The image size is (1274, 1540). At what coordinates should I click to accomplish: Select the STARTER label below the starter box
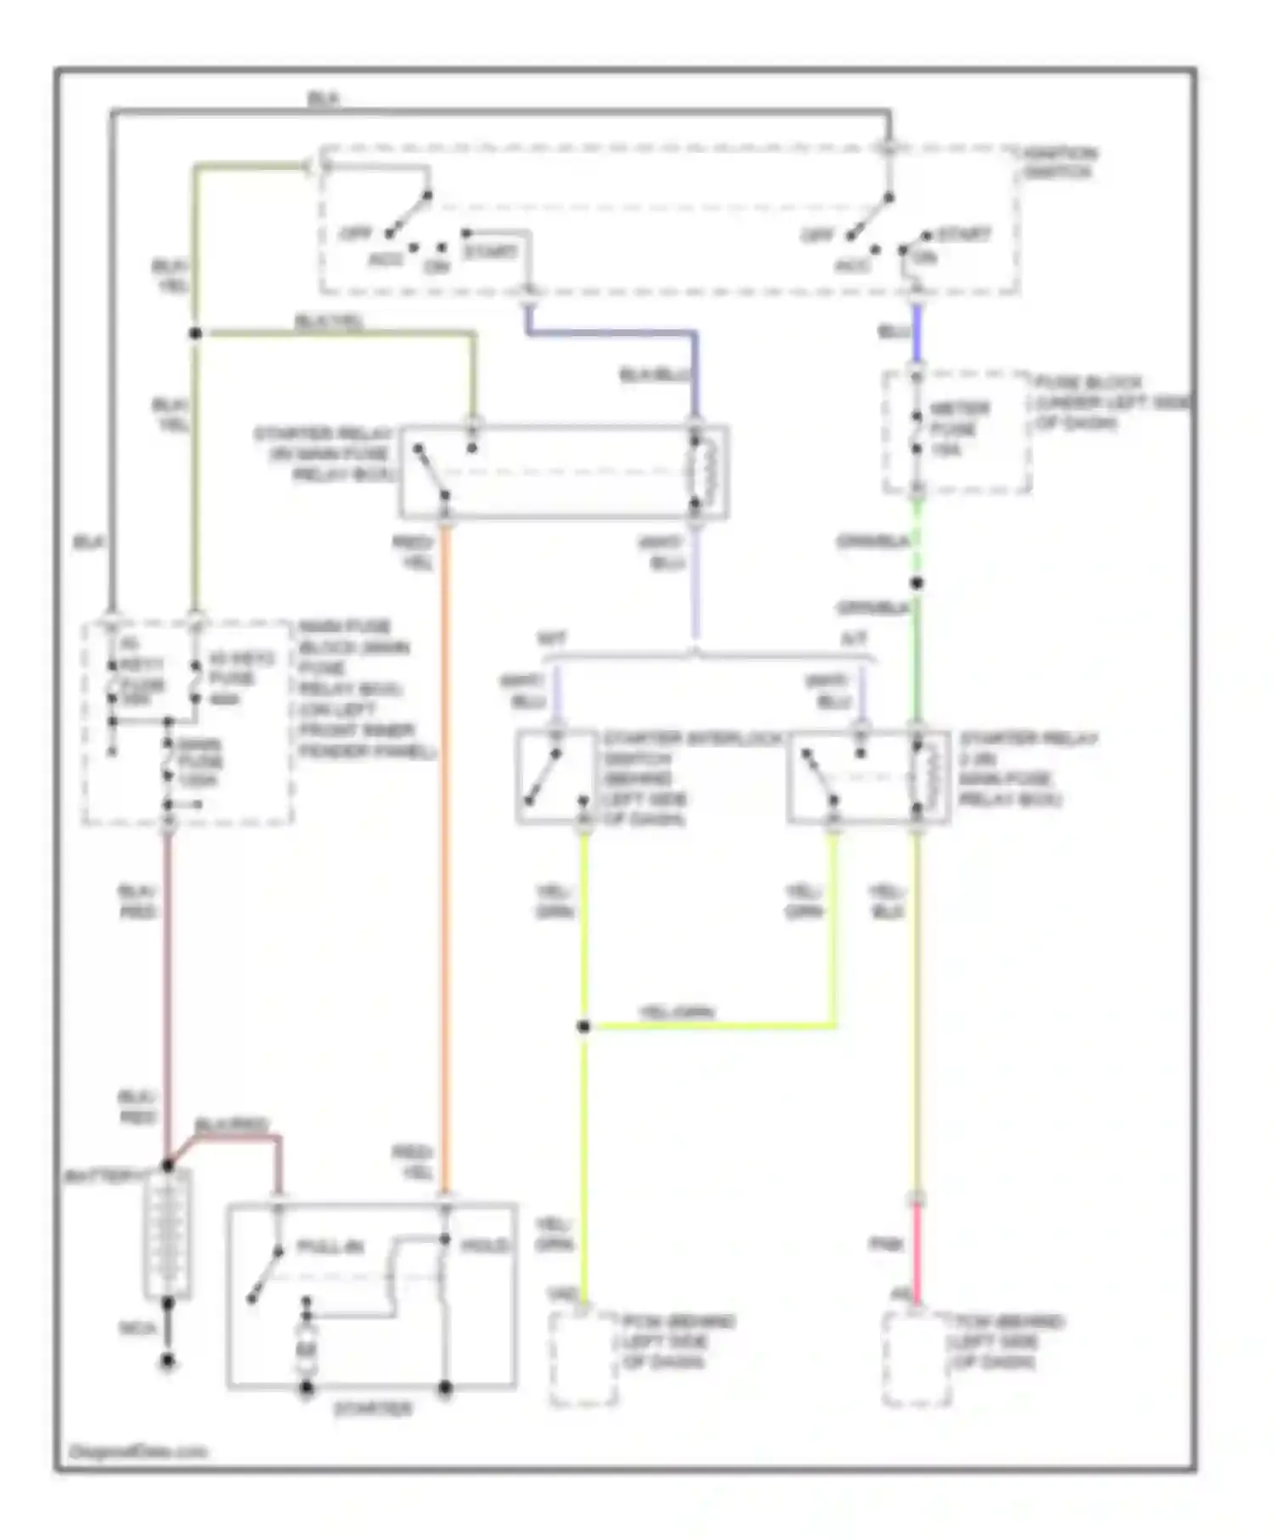(x=372, y=1409)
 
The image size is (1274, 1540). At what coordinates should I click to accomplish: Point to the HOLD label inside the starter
(x=484, y=1246)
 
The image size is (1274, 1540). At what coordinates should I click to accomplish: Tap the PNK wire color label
(x=885, y=1245)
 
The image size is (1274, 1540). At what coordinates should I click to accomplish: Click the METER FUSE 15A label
(x=958, y=429)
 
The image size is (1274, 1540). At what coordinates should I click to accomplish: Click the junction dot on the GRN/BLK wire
(x=916, y=583)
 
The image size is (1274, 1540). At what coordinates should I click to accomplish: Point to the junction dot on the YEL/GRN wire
(x=583, y=1027)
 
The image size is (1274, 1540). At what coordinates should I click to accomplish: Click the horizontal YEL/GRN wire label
(x=676, y=1012)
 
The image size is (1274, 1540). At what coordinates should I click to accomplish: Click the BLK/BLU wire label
(x=657, y=374)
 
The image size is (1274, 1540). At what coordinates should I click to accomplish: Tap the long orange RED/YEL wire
(x=444, y=849)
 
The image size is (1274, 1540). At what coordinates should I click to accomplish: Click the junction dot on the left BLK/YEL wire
(x=195, y=334)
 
